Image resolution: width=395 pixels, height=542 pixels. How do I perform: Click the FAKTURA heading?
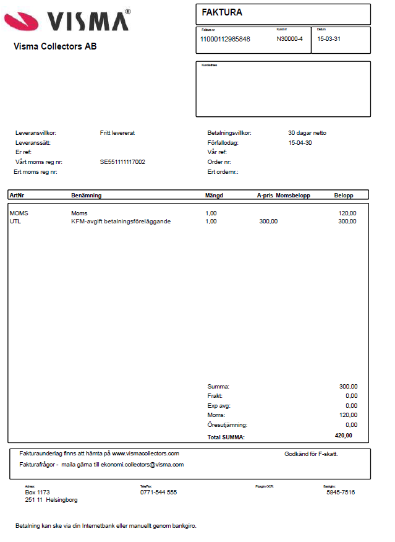222,12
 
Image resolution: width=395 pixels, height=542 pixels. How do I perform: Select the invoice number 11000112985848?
225,39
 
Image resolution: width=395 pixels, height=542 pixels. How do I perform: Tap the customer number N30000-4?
289,39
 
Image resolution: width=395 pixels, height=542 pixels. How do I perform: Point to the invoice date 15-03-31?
329,39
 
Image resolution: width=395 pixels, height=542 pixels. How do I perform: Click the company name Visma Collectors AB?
55,46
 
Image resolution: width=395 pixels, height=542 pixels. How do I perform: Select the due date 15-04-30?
301,142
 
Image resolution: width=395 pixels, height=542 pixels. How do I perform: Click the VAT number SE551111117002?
122,162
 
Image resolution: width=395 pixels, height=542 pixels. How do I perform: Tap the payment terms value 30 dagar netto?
307,133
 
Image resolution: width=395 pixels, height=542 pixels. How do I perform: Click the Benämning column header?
86,196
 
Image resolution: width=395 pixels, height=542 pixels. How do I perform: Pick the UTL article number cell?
15,221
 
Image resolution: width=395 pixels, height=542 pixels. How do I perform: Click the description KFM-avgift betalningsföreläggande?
121,221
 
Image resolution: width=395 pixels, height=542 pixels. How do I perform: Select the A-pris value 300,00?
268,221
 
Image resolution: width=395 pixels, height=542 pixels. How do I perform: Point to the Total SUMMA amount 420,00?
344,436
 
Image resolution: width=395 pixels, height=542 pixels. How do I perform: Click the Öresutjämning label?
227,425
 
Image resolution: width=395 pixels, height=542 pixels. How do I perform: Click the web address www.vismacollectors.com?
145,454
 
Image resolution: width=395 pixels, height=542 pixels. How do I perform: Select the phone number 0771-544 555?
158,493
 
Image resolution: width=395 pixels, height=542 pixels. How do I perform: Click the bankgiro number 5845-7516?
341,493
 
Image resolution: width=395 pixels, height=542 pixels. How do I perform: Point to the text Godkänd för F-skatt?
311,454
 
